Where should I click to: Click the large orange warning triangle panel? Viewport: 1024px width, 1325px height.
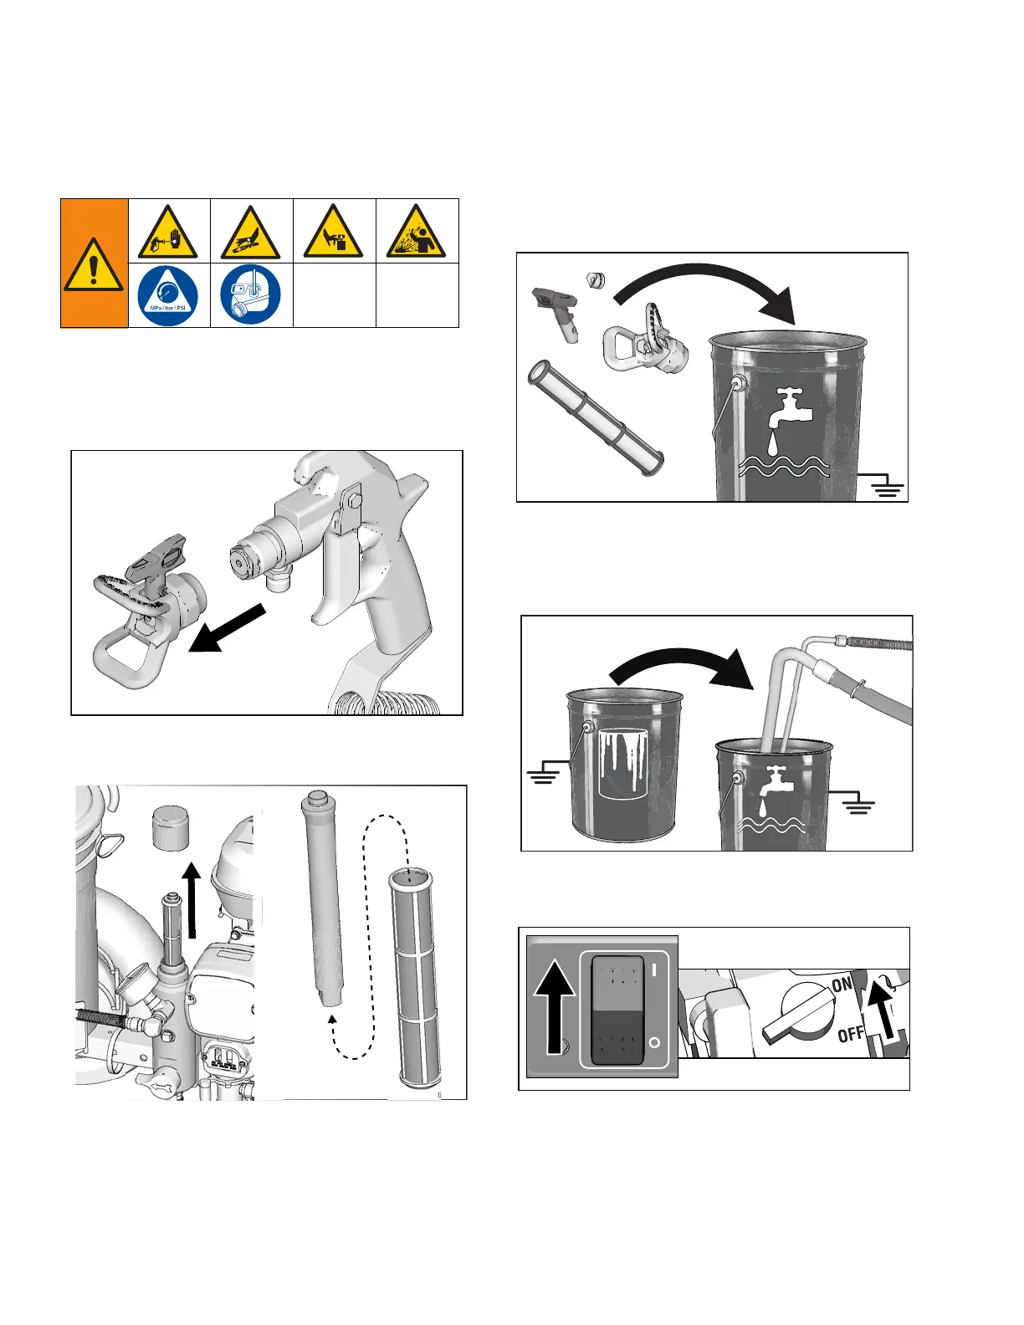(x=94, y=263)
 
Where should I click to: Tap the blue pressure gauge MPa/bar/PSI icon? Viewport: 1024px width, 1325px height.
(x=168, y=295)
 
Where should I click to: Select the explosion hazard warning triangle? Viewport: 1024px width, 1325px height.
(x=417, y=232)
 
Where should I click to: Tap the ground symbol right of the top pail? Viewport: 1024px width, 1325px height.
(x=888, y=486)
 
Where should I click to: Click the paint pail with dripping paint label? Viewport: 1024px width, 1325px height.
(x=624, y=761)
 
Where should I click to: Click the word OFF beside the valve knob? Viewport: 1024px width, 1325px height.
(x=851, y=1035)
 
